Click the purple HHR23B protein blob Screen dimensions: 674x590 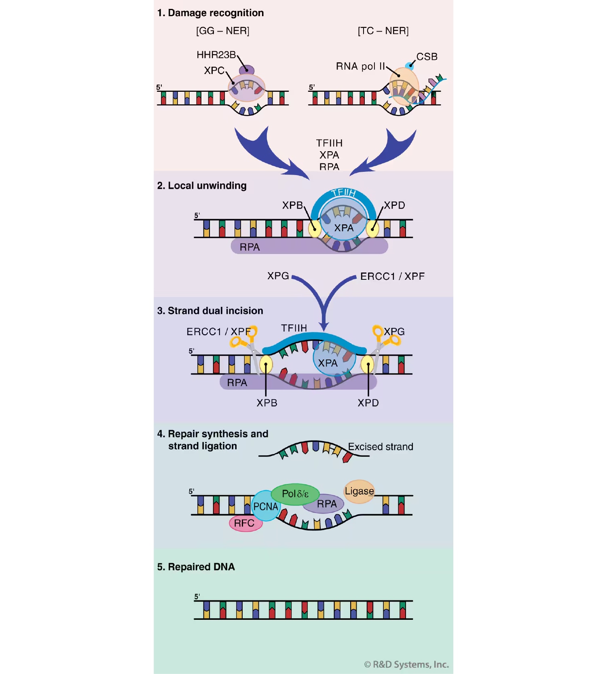(246, 70)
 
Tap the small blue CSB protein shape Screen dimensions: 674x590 (409, 66)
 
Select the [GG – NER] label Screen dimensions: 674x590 (222, 31)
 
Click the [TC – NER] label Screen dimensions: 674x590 (383, 31)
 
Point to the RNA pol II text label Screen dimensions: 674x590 (360, 66)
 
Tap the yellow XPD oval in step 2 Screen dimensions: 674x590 (372, 229)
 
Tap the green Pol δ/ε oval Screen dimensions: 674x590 (295, 494)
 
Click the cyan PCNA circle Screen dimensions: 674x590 (265, 506)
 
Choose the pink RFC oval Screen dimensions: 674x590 (245, 523)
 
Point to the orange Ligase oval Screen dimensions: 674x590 (359, 491)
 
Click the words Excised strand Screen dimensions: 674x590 (380, 447)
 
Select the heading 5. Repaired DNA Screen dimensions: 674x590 (196, 567)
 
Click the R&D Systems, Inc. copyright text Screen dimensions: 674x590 (406, 664)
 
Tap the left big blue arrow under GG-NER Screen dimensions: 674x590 (267, 154)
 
